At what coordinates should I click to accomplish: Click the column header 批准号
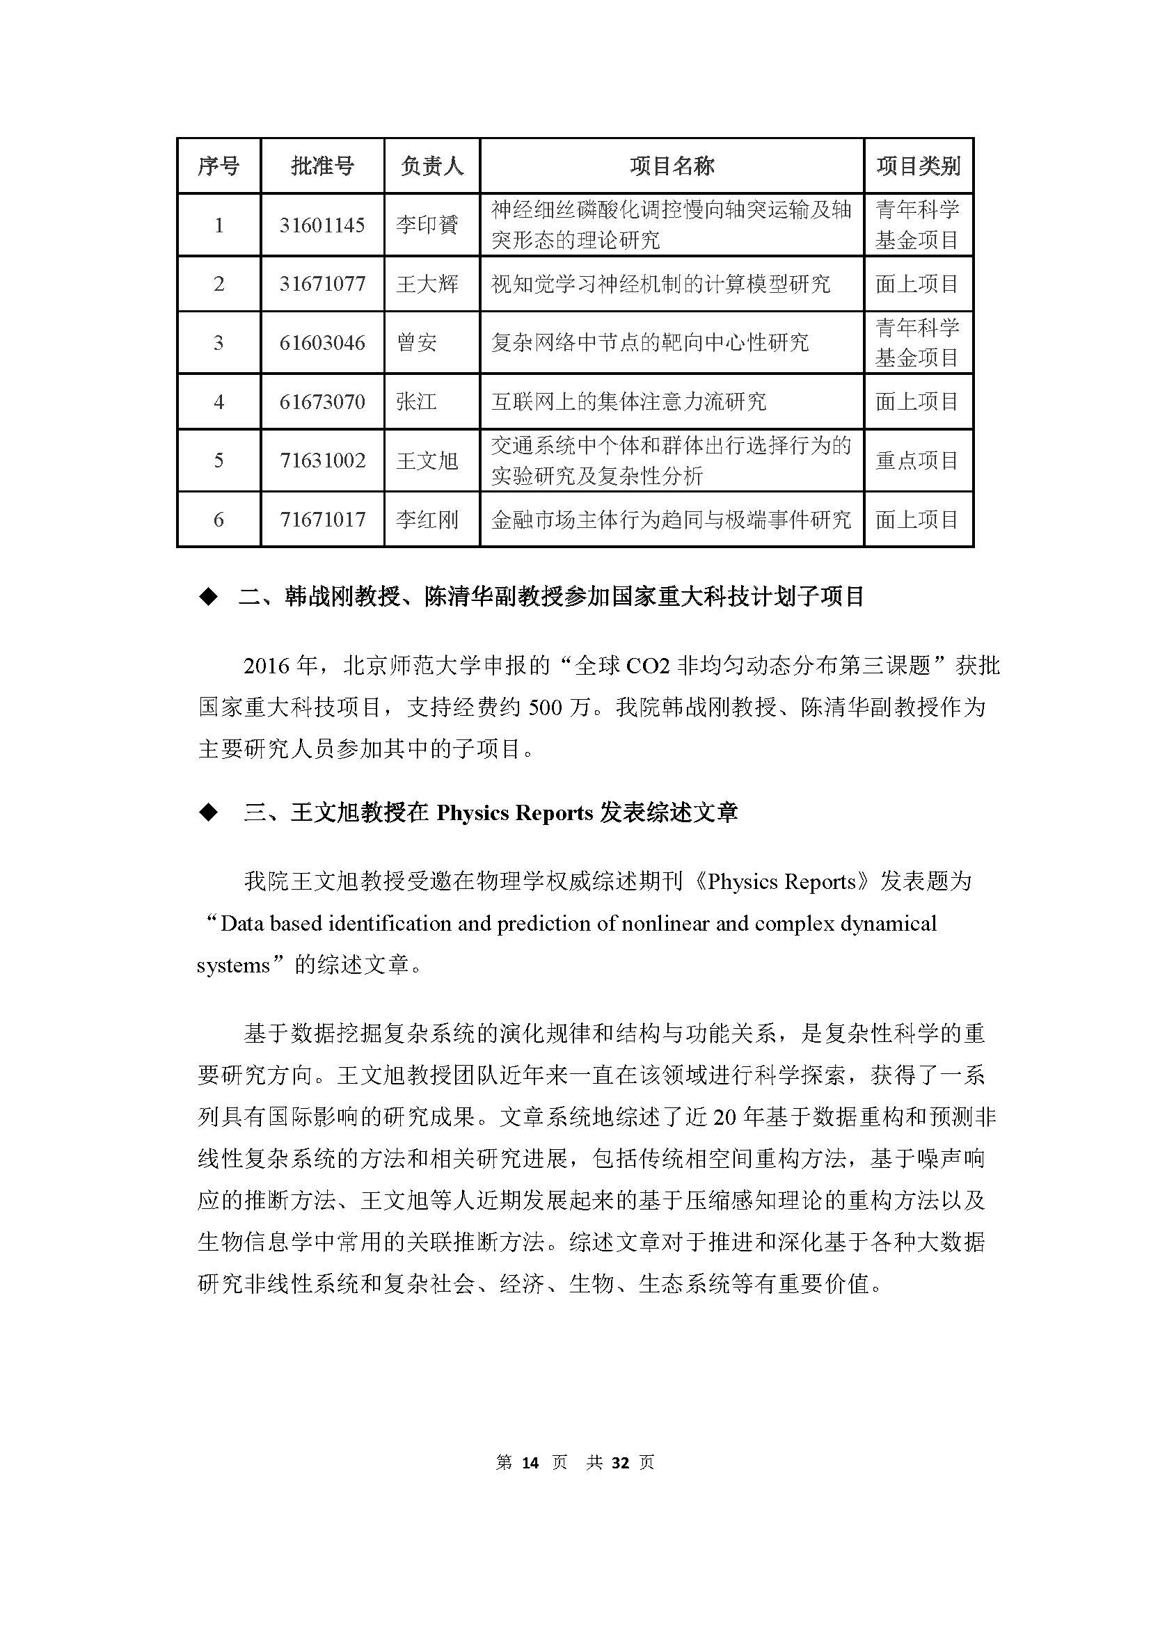(x=322, y=166)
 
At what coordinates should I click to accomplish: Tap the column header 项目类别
(x=918, y=166)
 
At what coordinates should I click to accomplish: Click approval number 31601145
(x=322, y=225)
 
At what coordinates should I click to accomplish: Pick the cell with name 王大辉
(x=427, y=284)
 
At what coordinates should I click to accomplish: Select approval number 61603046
(x=322, y=343)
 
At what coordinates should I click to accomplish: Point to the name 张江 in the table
(x=416, y=402)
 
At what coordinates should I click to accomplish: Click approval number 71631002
(x=322, y=460)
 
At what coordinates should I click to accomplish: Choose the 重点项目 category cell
(x=917, y=460)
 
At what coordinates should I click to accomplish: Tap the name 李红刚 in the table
(x=427, y=520)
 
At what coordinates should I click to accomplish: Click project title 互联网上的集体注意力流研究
(x=628, y=402)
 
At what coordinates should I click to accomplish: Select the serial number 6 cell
(x=219, y=520)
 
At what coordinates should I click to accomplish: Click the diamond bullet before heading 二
(x=208, y=598)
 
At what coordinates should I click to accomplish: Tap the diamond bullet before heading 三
(x=208, y=812)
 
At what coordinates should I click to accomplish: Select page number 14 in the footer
(x=530, y=1463)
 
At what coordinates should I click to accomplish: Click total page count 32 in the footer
(x=620, y=1463)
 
